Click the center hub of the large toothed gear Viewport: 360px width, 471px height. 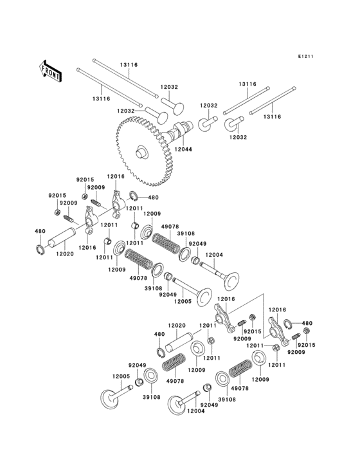[x=141, y=152]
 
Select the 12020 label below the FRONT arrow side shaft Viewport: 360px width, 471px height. [x=66, y=255]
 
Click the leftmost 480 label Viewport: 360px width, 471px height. [x=40, y=231]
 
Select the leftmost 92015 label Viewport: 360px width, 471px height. [x=57, y=195]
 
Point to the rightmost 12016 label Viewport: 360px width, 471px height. [x=278, y=309]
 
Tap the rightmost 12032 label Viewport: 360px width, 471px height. [x=237, y=137]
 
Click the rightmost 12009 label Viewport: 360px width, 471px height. [x=260, y=380]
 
